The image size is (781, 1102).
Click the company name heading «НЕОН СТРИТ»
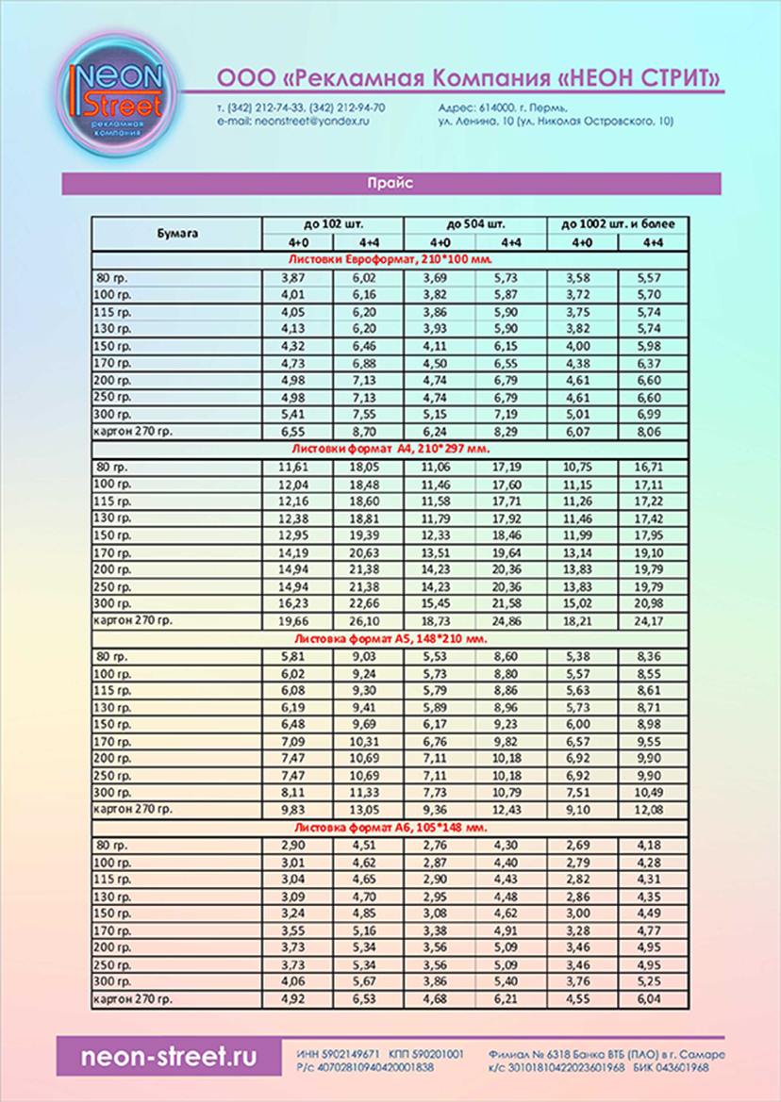click(469, 75)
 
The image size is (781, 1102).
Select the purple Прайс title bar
click(390, 184)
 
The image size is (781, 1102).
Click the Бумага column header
click(176, 232)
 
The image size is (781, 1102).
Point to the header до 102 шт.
click(332, 223)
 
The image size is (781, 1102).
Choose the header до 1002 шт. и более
click(618, 223)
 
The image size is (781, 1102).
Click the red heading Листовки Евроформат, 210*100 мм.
click(390, 257)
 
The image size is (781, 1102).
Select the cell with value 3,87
click(296, 277)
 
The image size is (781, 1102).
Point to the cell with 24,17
click(652, 622)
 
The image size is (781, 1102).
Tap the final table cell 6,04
click(652, 998)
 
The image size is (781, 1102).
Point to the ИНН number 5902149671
click(350, 1052)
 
